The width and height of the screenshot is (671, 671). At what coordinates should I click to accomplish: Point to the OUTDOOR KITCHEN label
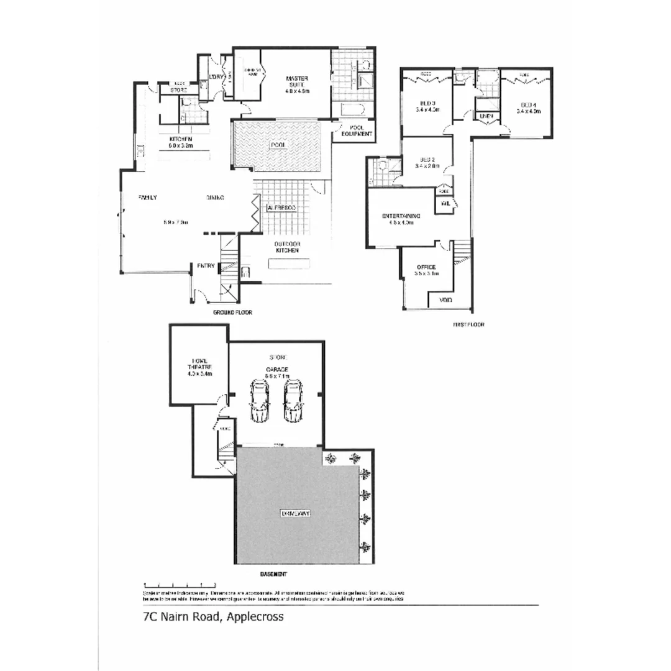[288, 247]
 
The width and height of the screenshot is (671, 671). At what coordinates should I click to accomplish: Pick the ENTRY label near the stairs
[206, 266]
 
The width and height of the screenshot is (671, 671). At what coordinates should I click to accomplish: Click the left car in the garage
[259, 401]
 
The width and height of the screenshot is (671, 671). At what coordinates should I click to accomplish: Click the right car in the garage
[292, 401]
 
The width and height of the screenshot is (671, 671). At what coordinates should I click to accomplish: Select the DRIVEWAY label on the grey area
[295, 514]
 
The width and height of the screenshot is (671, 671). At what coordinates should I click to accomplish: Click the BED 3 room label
[427, 106]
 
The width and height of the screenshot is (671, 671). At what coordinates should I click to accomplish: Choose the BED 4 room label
[529, 107]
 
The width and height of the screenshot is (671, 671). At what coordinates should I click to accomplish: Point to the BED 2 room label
[427, 163]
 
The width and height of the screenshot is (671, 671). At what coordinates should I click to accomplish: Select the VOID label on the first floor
[445, 300]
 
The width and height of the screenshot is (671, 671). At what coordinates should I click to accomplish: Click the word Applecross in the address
[255, 617]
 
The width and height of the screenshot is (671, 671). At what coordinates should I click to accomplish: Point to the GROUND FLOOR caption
[232, 313]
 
